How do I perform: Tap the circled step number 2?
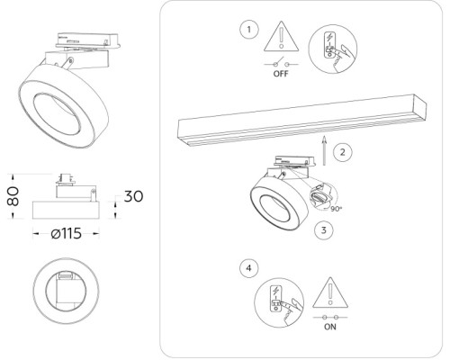[x=342, y=153]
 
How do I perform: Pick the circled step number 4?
[x=248, y=268]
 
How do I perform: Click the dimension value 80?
[x=13, y=196]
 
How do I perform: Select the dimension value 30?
[x=133, y=197]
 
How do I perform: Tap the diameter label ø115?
[x=68, y=234]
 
